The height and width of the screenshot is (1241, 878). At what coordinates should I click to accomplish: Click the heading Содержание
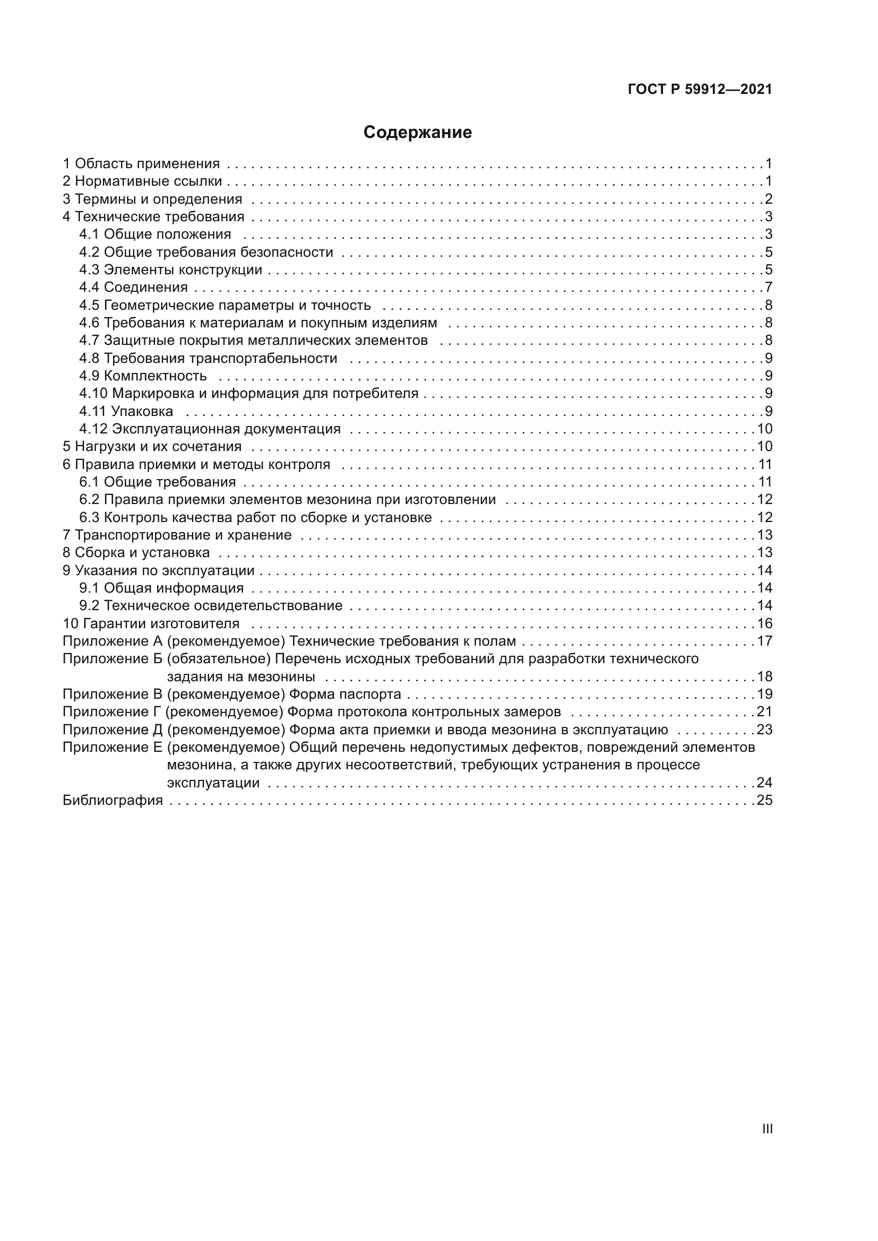pyautogui.click(x=417, y=133)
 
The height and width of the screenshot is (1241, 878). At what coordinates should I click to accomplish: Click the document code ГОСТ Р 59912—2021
pyautogui.click(x=700, y=90)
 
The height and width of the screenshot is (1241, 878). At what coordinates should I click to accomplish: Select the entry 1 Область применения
pyautogui.click(x=141, y=164)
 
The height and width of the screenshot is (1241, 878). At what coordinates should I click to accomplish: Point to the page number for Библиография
pyautogui.click(x=764, y=801)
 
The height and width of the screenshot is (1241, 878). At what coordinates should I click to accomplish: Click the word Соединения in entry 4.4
pyautogui.click(x=146, y=288)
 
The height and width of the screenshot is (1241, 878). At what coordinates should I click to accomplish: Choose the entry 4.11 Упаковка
pyautogui.click(x=126, y=411)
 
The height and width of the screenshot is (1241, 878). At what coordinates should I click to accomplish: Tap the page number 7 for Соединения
pyautogui.click(x=768, y=288)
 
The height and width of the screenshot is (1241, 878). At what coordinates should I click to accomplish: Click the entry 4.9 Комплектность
pyautogui.click(x=143, y=376)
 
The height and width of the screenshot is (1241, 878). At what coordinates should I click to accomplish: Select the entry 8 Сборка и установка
pyautogui.click(x=136, y=553)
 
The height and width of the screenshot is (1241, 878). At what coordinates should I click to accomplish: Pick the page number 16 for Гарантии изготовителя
pyautogui.click(x=764, y=624)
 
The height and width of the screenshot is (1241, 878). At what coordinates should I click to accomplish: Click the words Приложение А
pyautogui.click(x=113, y=641)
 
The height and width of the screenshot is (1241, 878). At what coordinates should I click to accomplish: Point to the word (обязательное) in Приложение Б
pyautogui.click(x=218, y=659)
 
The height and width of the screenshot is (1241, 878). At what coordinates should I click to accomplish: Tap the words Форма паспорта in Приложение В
pyautogui.click(x=345, y=695)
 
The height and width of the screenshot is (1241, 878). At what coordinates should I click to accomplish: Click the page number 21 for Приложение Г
pyautogui.click(x=764, y=712)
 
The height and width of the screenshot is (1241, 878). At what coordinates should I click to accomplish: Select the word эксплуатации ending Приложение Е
pyautogui.click(x=213, y=783)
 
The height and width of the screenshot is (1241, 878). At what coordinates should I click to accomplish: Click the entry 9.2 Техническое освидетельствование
pyautogui.click(x=210, y=606)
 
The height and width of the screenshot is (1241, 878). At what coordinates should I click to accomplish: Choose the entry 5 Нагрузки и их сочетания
pyautogui.click(x=152, y=447)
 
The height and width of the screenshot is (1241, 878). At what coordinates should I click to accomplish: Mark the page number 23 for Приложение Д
pyautogui.click(x=764, y=730)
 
